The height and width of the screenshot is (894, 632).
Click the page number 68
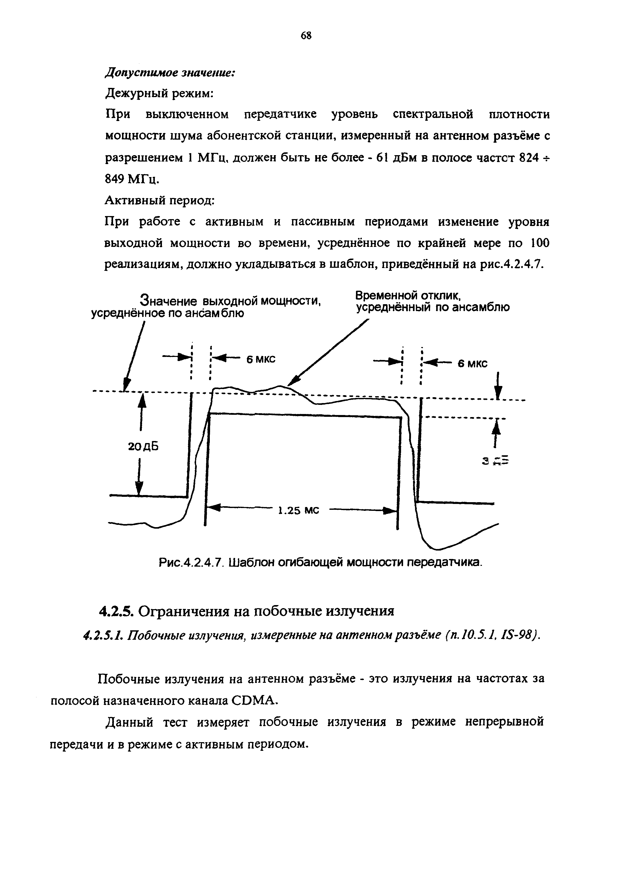coord(306,36)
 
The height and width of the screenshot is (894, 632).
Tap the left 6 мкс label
coord(261,359)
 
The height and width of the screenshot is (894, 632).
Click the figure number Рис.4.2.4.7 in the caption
coord(191,563)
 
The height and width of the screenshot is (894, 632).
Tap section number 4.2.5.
coord(116,611)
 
